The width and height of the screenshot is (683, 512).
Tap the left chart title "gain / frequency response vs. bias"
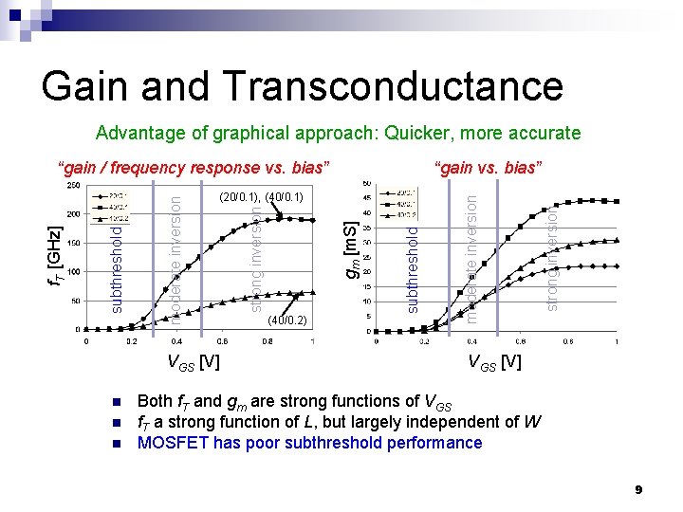tap(194, 168)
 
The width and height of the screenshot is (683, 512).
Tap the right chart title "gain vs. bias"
tap(489, 168)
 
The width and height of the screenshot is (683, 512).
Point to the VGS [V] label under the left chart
tap(194, 362)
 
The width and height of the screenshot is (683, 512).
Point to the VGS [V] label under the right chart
tap(493, 362)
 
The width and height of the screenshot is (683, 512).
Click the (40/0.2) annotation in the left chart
tap(286, 319)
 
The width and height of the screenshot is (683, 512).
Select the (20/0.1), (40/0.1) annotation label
tap(260, 197)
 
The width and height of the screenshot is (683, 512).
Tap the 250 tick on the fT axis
tap(73, 186)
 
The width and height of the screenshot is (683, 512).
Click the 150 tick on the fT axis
tap(73, 244)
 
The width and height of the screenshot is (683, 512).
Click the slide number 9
tap(639, 489)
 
